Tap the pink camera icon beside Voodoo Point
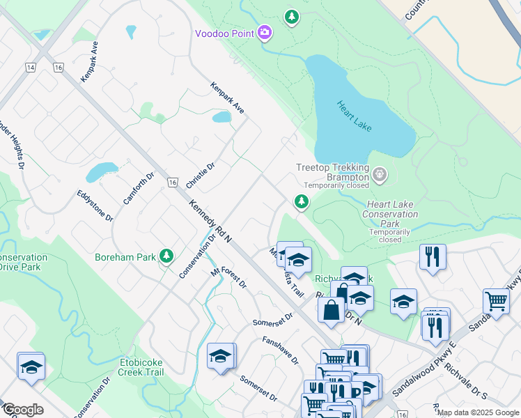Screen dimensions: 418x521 [264, 32]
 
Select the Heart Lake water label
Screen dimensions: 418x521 [355, 116]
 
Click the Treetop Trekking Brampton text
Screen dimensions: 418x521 [332, 172]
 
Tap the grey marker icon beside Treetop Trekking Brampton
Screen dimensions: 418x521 [379, 173]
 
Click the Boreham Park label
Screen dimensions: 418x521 [125, 257]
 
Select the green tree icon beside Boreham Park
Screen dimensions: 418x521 [166, 256]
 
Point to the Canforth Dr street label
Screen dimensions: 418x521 [137, 188]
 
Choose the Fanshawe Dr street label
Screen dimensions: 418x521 [280, 350]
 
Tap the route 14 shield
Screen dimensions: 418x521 [30, 67]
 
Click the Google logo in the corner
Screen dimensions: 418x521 [23, 410]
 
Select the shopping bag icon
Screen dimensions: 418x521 [332, 308]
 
